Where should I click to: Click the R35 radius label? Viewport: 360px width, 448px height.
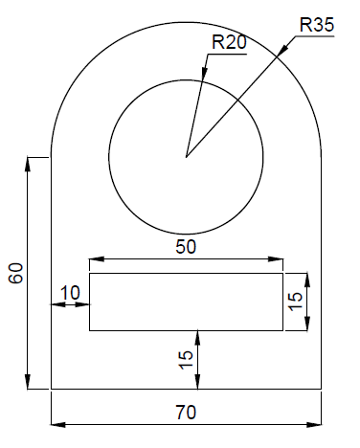(x=317, y=25)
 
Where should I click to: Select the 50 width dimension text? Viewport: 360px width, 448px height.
(x=187, y=246)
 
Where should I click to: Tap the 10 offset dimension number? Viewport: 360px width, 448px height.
(x=70, y=292)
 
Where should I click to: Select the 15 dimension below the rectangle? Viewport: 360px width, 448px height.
(x=187, y=359)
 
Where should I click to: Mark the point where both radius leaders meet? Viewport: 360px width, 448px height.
(x=187, y=155)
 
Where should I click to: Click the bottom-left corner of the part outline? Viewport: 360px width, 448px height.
(x=50, y=390)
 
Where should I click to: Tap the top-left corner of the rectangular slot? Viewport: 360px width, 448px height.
(x=89, y=274)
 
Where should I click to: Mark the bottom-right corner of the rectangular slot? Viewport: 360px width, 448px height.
(x=283, y=331)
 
